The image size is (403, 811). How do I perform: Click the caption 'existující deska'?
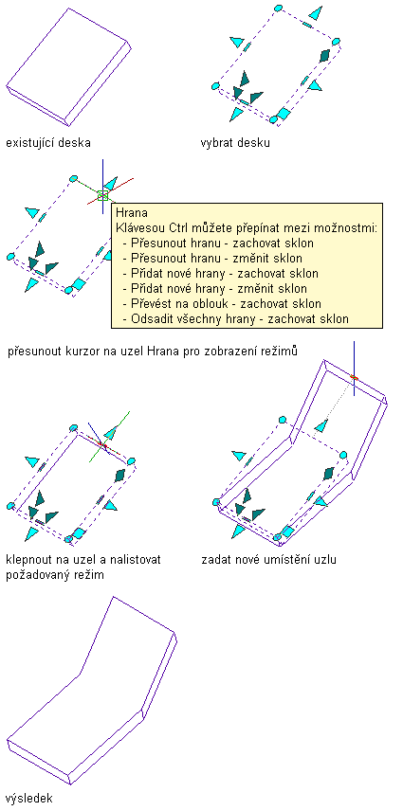(x=48, y=142)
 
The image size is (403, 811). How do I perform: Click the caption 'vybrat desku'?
(x=235, y=142)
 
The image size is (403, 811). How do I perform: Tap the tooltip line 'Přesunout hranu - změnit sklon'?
(x=217, y=258)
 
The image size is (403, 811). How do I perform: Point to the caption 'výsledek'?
(x=29, y=798)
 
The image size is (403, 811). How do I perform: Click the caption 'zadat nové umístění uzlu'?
(x=269, y=559)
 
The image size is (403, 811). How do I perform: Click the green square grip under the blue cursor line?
(x=102, y=195)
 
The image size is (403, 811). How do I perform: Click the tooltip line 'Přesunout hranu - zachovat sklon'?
(x=223, y=243)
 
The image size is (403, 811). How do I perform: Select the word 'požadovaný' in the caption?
(x=35, y=575)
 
